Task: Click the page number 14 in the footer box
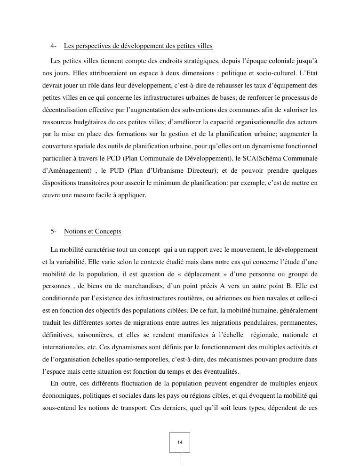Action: coord(180,442)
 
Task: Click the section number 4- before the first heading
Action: coord(54,46)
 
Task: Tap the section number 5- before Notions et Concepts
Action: coord(54,232)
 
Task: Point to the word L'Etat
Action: coord(308,73)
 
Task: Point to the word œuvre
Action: coord(50,195)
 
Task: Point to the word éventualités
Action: coord(219,371)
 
